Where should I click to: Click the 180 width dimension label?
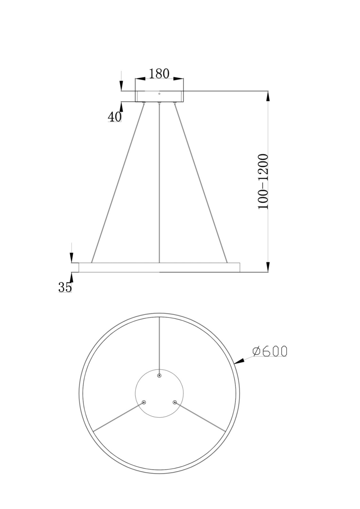pos(159,73)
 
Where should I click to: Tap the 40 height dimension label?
pos(114,117)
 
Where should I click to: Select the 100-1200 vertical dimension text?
pos(263,182)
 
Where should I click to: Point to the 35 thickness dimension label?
pos(65,287)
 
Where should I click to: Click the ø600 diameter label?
pos(270,351)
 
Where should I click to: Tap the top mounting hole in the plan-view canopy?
pos(159,376)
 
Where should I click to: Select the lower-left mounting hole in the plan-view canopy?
pos(144,402)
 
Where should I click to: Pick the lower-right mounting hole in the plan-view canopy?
pos(175,402)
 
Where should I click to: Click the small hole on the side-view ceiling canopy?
pos(159,93)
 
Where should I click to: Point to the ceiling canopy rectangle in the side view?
pos(159,96)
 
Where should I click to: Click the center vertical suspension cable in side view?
pos(159,183)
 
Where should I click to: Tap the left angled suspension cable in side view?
pos(118,183)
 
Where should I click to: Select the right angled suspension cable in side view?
pos(201,183)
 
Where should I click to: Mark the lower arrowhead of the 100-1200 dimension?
pos(268,267)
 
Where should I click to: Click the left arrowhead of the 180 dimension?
pos(140,79)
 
